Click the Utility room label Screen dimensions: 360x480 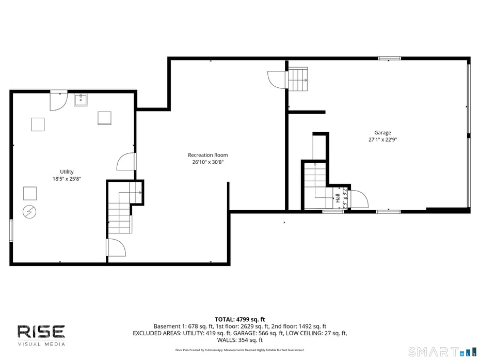click(67, 172)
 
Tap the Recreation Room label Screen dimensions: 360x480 click(207, 155)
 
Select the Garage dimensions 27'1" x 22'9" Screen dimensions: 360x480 click(382, 139)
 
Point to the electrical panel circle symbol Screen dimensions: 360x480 click(29, 211)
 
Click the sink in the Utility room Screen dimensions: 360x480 click(81, 100)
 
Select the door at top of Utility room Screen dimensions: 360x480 click(58, 101)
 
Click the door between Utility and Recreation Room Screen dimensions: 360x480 click(126, 162)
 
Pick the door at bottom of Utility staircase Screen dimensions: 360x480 click(116, 248)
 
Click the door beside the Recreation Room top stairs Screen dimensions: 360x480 click(276, 80)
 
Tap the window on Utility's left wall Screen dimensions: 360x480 click(11, 230)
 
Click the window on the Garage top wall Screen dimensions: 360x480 click(390, 58)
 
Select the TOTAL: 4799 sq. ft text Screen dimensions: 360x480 click(239, 319)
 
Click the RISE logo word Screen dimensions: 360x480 click(41, 331)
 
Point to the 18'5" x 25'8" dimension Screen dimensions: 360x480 click(67, 179)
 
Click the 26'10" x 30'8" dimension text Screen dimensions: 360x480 click(207, 162)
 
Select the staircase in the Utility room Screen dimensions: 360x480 click(120, 212)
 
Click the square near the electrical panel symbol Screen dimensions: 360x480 click(30, 193)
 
